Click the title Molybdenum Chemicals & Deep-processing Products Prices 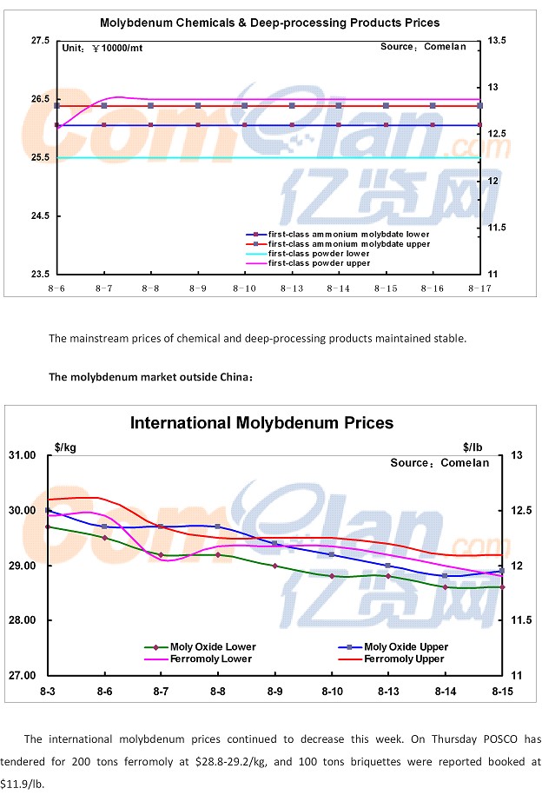click(x=269, y=23)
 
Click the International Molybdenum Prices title click(x=261, y=423)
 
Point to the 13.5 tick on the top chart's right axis click(x=499, y=41)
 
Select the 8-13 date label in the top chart click(x=291, y=287)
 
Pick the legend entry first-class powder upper click(x=319, y=263)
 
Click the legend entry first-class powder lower click(x=319, y=254)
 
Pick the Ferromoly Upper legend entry click(x=404, y=659)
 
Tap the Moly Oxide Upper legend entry click(x=406, y=647)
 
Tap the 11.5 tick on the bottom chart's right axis click(x=517, y=620)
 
